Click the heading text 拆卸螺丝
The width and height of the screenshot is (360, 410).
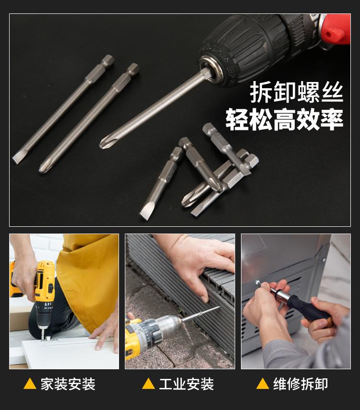coord(296,92)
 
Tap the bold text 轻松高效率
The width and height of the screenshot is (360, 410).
coord(284,119)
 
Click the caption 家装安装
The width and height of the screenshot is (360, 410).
coord(68,384)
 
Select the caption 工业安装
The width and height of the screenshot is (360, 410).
coord(186,384)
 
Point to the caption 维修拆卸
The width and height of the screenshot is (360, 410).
coord(300,384)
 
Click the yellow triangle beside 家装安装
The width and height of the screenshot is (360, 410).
coord(30,384)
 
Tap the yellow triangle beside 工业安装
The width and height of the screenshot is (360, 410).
coord(148,384)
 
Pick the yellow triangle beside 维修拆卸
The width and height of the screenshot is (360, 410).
coord(263,384)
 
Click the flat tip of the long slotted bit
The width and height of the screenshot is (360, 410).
coord(17,159)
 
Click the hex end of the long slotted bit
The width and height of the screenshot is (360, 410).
coord(108,60)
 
